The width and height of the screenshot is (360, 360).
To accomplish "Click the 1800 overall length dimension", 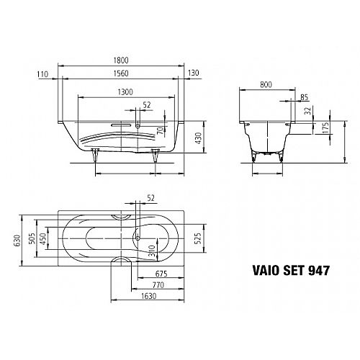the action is coord(121,60).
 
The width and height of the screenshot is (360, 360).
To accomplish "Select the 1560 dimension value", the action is coord(121,73).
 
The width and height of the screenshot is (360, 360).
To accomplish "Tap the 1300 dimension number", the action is coord(125,92).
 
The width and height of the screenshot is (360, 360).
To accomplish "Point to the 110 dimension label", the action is coord(42,74).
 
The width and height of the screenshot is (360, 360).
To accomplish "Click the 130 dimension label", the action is coord(194,73).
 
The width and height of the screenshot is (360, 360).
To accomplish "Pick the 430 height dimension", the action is coord(199,138).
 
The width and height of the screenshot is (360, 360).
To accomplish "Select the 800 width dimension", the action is coord(266,84).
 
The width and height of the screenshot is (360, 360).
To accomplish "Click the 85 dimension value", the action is coord(304,97).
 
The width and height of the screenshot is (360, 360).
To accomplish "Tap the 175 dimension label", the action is coord(325,128).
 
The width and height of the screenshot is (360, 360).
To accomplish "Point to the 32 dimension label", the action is coord(307,111).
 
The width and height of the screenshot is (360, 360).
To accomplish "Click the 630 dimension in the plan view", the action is coord(17,240).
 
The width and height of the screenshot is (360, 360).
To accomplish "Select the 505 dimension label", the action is coord(32,238).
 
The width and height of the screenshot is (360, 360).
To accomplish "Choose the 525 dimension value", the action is coord(198,238).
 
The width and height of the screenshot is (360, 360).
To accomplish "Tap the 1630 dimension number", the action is coord(148,296).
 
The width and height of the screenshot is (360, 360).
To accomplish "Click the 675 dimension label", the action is coord(161,274).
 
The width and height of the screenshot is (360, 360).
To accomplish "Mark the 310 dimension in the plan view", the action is coord(152,251).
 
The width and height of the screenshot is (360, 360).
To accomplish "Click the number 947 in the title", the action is coord(319,271).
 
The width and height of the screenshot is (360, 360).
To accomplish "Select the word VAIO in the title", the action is coord(266,271).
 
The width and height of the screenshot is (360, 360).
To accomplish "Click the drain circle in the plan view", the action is coord(138,238).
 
